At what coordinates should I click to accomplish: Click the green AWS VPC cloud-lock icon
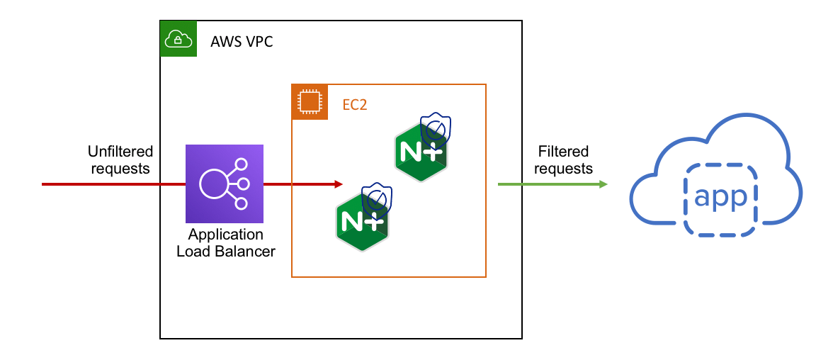177,38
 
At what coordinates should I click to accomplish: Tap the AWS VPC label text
242,42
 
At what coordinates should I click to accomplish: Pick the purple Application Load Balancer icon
225,184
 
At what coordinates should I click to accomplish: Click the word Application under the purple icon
225,235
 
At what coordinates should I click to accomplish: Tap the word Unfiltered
120,152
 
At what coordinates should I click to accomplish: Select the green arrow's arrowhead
603,184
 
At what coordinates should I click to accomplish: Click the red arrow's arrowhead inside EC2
339,184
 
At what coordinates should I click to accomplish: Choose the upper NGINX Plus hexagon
421,152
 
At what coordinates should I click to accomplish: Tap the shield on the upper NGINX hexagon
434,129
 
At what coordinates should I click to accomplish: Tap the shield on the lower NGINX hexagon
376,199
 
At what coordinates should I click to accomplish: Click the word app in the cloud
720,197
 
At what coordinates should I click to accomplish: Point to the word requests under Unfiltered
120,169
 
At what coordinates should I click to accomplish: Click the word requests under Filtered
563,169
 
